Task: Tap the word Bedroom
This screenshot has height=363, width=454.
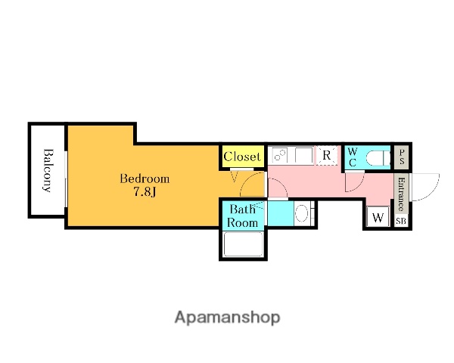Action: click(x=145, y=178)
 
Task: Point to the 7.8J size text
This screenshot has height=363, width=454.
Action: click(x=145, y=192)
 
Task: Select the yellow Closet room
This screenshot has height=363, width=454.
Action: click(x=243, y=157)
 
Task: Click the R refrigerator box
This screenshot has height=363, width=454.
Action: click(x=327, y=156)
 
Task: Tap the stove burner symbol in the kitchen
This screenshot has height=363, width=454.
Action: click(x=280, y=156)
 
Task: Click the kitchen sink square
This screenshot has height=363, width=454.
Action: click(x=303, y=155)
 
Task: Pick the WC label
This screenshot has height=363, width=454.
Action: click(x=353, y=157)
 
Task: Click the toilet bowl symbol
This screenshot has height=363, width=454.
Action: click(x=375, y=158)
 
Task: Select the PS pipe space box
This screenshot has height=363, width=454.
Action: click(x=402, y=157)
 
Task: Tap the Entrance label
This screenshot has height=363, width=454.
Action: click(x=401, y=194)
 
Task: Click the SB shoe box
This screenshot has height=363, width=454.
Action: click(x=401, y=221)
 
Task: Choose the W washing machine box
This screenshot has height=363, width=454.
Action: click(x=378, y=217)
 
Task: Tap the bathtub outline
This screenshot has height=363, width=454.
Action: click(x=243, y=244)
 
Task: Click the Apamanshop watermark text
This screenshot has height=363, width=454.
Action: click(x=227, y=318)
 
